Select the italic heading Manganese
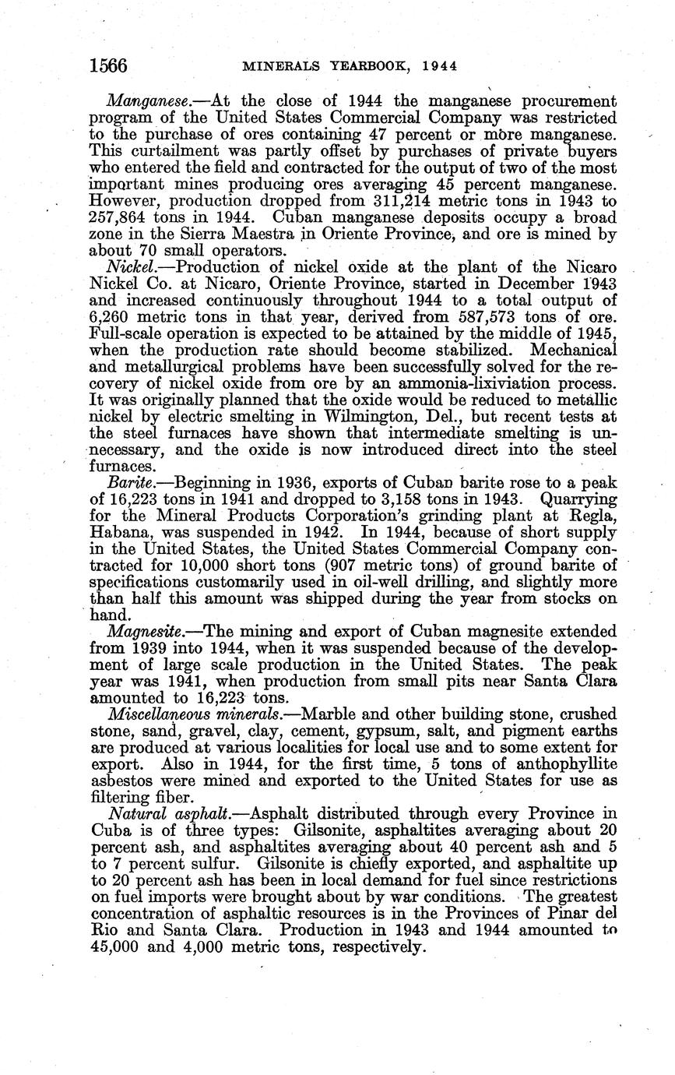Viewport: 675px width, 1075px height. point(144,101)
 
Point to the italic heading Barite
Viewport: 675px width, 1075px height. point(129,482)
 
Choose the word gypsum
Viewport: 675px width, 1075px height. point(386,731)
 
